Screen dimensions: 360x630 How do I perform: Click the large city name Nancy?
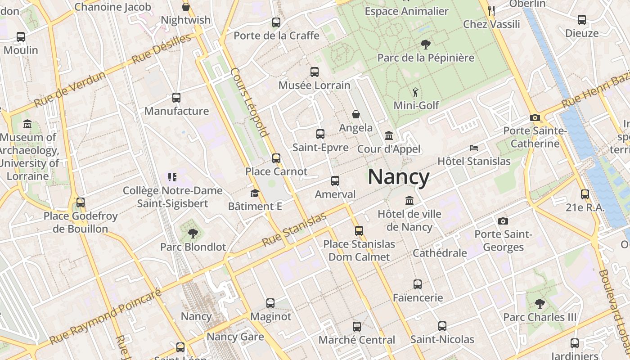pyautogui.click(x=399, y=177)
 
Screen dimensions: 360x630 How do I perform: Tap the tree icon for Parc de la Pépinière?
pyautogui.click(x=425, y=44)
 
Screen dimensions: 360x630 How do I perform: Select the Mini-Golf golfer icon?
pyautogui.click(x=415, y=93)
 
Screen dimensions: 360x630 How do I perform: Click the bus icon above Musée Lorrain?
pyautogui.click(x=315, y=72)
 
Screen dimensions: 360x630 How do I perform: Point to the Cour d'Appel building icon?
pyautogui.click(x=388, y=135)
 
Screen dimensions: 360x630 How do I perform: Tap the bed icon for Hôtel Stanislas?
pyautogui.click(x=473, y=148)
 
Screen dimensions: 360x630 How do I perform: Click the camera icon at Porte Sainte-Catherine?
pyautogui.click(x=535, y=117)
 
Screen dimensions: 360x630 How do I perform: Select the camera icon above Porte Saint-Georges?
pyautogui.click(x=503, y=221)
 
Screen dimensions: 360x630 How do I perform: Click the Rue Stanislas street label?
pyautogui.click(x=294, y=230)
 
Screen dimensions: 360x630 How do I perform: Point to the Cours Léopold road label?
pyautogui.click(x=250, y=102)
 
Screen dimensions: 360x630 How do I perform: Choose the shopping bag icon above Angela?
pyautogui.click(x=356, y=114)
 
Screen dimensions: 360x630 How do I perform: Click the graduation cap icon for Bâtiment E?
pyautogui.click(x=255, y=193)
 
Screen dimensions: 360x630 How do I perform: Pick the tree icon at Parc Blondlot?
pyautogui.click(x=193, y=233)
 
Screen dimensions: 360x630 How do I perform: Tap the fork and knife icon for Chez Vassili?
pyautogui.click(x=491, y=10)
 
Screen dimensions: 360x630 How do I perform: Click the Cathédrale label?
pyautogui.click(x=440, y=253)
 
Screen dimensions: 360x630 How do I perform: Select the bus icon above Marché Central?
pyautogui.click(x=357, y=326)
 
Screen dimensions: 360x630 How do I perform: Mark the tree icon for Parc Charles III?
pyautogui.click(x=540, y=304)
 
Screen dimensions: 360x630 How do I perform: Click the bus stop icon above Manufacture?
pyautogui.click(x=176, y=98)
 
